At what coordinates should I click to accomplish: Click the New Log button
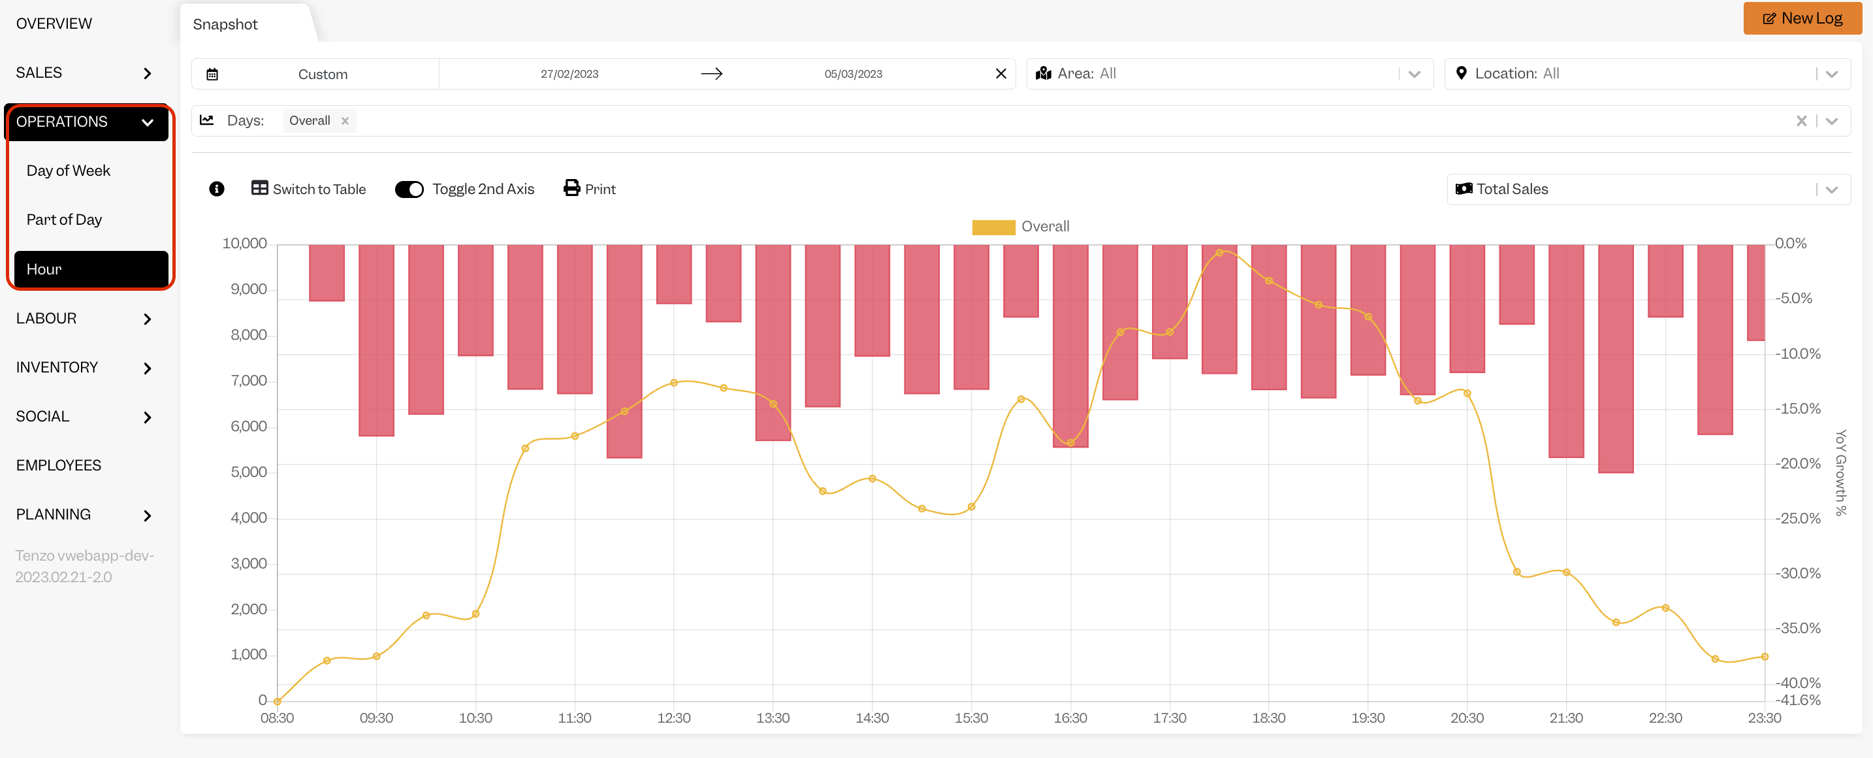click(x=1802, y=18)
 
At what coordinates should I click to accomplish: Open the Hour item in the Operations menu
click(x=91, y=269)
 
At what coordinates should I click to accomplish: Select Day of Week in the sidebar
click(x=69, y=170)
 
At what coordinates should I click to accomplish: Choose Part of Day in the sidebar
click(x=64, y=220)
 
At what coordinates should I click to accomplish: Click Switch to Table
click(x=309, y=189)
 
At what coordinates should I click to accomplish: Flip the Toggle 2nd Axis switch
click(x=409, y=189)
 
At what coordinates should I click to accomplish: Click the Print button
click(x=590, y=189)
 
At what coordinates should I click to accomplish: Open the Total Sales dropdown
click(x=1648, y=189)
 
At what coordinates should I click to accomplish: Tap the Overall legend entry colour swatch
click(x=993, y=227)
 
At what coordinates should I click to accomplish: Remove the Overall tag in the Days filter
click(x=345, y=121)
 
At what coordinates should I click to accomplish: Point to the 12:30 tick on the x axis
click(x=673, y=718)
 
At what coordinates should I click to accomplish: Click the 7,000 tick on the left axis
click(x=249, y=380)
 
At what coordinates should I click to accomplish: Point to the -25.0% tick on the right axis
click(x=1797, y=519)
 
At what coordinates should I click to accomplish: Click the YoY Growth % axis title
click(x=1840, y=473)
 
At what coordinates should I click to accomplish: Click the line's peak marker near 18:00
click(x=1219, y=252)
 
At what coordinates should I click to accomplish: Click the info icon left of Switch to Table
click(x=217, y=189)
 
